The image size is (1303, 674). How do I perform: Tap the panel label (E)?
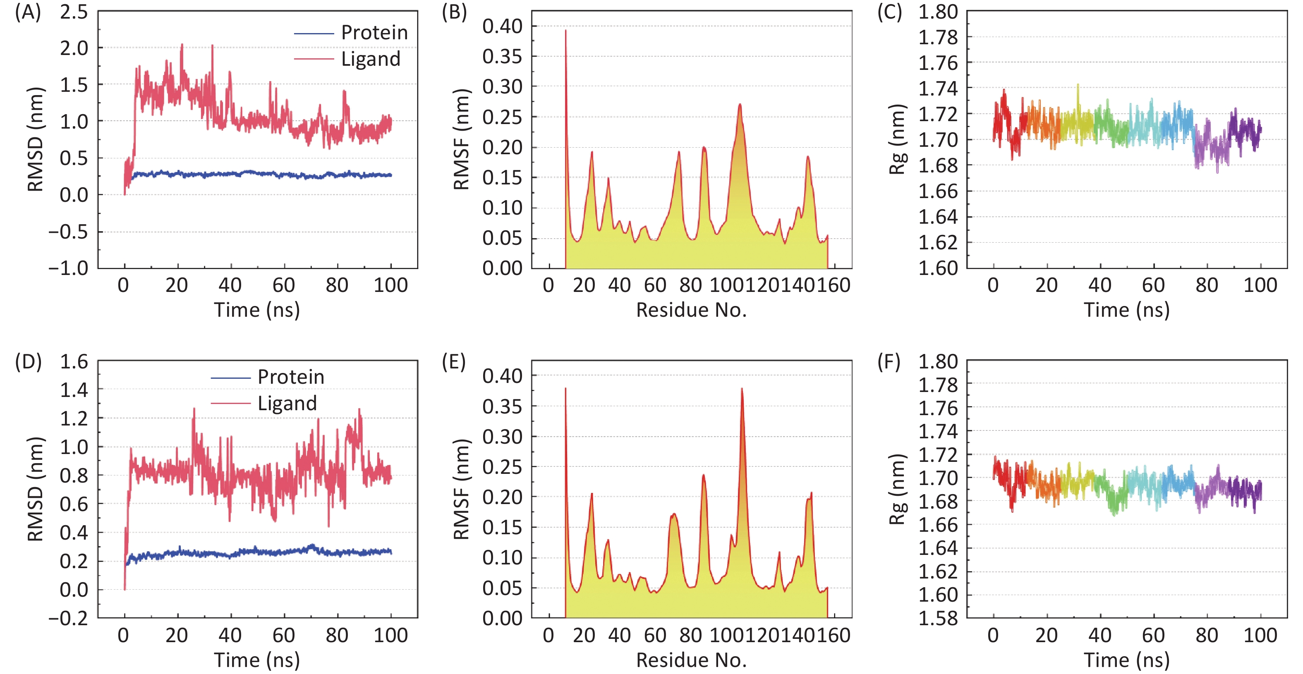454,362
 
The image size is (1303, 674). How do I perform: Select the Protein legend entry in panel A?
374,33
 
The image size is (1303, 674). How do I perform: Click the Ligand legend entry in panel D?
287,404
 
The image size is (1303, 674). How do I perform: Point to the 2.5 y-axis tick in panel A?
74,12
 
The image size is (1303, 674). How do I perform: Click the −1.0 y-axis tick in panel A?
68,268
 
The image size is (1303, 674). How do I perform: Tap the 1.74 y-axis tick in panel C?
938,88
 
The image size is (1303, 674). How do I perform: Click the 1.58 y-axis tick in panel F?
938,618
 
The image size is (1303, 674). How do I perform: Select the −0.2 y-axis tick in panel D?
68,618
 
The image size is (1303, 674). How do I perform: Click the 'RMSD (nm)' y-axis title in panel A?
36,139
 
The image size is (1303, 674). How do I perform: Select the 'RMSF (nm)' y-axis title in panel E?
461,490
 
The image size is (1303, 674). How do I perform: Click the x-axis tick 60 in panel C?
1153,286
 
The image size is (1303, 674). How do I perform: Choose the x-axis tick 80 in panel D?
337,636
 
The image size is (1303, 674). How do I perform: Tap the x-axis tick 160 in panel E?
834,636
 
